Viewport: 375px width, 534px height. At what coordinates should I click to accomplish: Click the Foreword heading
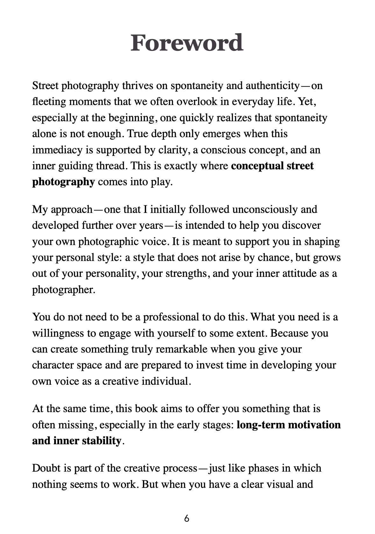coord(187,43)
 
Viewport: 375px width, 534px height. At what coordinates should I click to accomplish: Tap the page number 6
coord(187,518)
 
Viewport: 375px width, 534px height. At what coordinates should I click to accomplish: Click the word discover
coord(299,225)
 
